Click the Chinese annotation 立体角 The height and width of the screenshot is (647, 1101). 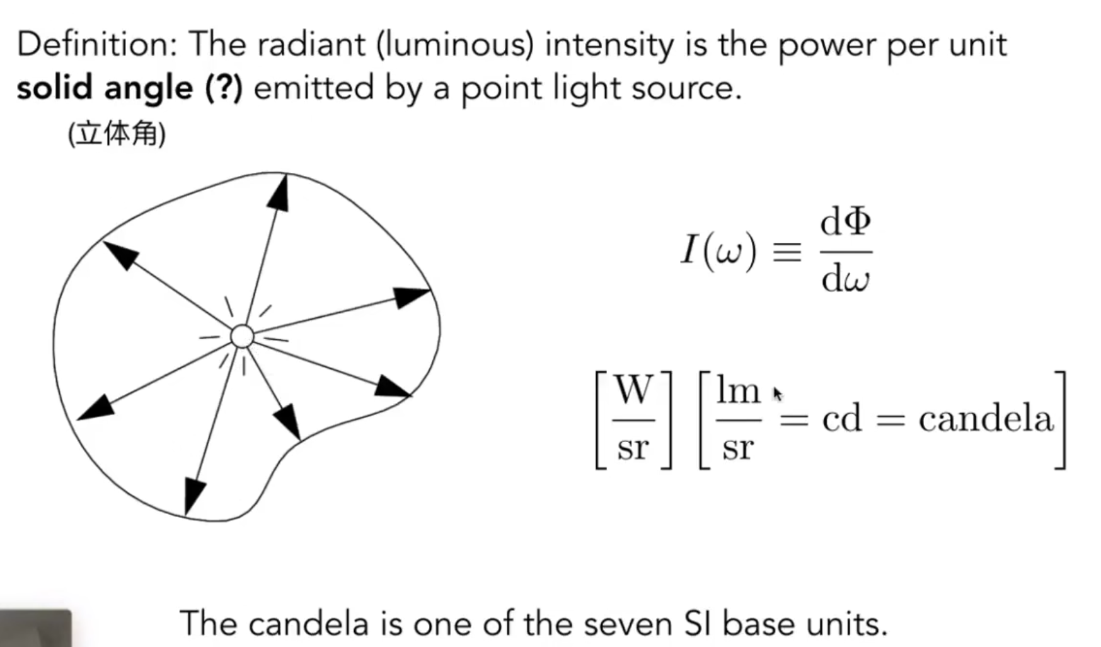click(117, 134)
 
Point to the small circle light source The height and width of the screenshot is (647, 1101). click(242, 337)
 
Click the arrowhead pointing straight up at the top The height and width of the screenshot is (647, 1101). click(279, 192)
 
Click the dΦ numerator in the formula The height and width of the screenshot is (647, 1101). click(845, 223)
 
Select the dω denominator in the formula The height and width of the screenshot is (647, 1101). click(845, 278)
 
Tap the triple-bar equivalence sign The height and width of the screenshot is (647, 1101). click(787, 252)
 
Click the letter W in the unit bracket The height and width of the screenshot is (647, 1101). click(633, 390)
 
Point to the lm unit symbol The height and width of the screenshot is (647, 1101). click(738, 390)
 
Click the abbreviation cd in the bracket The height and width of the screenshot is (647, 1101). click(841, 419)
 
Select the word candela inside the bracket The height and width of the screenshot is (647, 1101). click(985, 419)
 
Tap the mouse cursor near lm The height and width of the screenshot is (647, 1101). click(777, 394)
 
